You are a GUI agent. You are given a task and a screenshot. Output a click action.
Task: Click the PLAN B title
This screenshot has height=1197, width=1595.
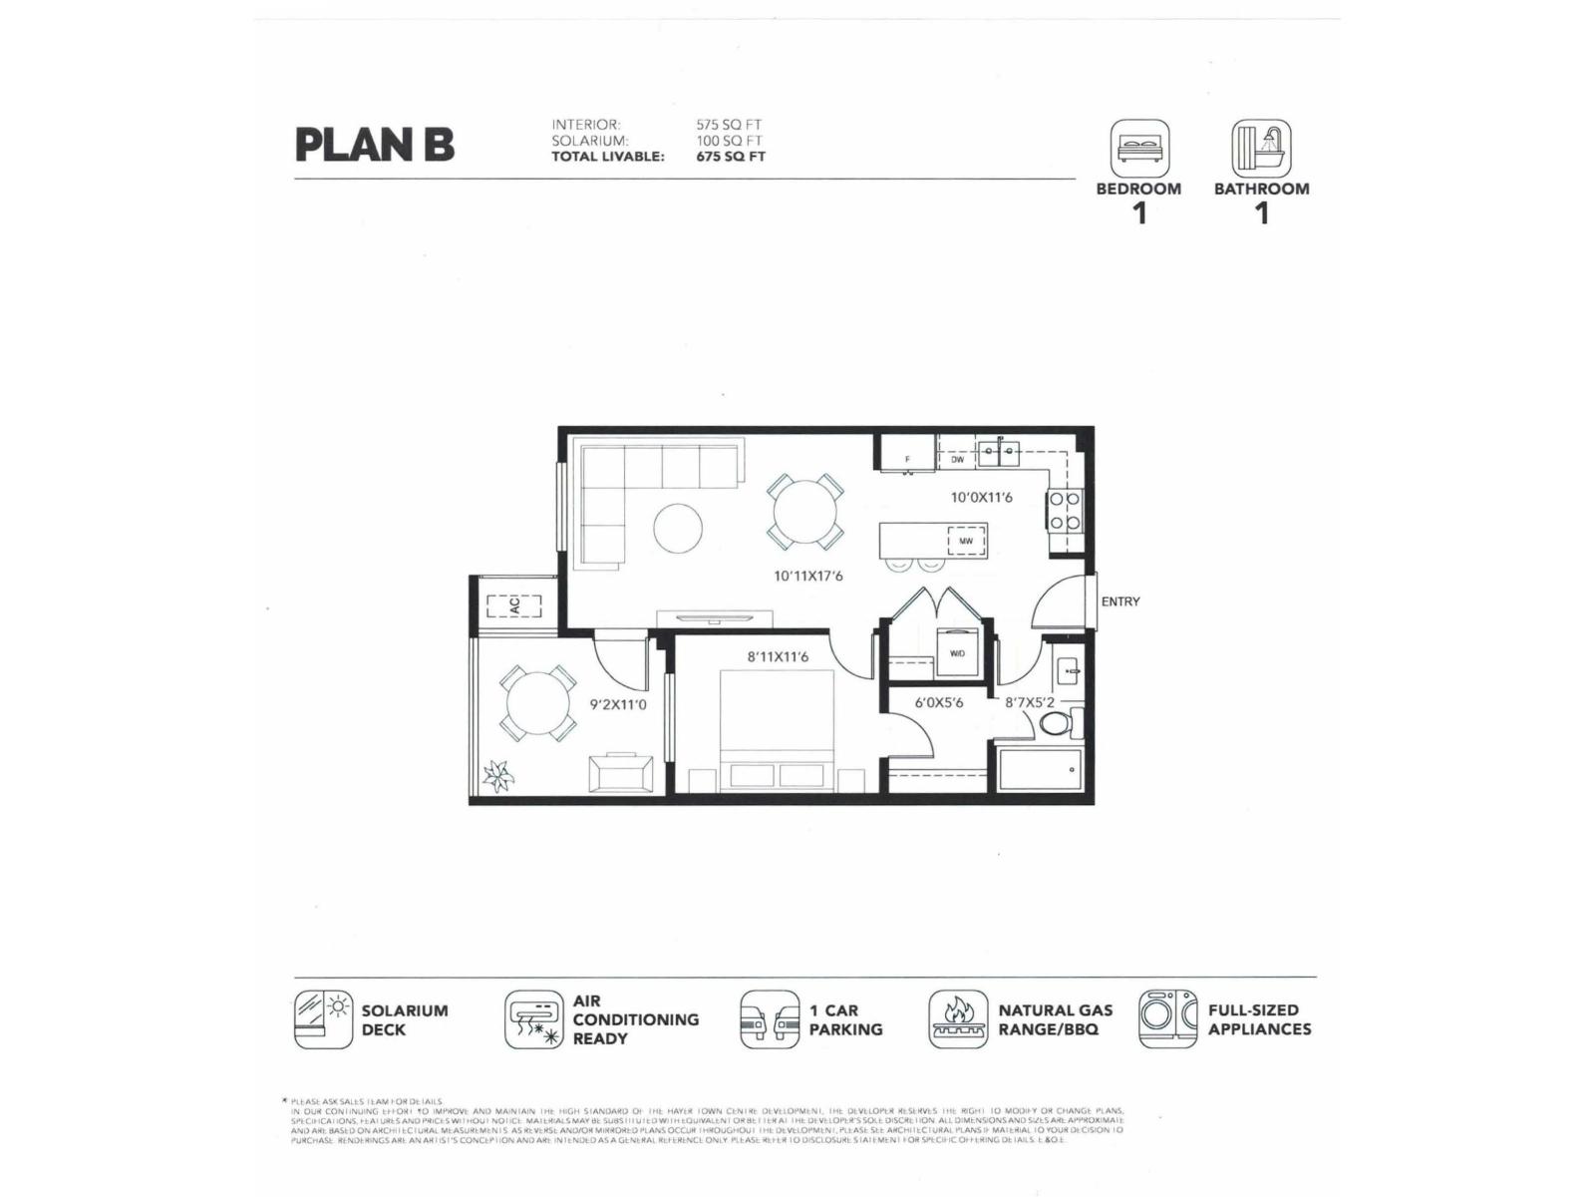pyautogui.click(x=374, y=145)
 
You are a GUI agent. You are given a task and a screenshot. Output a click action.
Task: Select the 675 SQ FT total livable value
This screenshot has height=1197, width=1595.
pyautogui.click(x=730, y=157)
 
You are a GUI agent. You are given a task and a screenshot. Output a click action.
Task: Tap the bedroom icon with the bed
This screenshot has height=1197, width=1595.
pyautogui.click(x=1139, y=150)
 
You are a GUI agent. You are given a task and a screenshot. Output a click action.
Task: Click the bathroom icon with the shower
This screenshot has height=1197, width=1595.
pyautogui.click(x=1261, y=150)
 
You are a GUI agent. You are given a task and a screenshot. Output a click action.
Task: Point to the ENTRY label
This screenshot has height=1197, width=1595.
pyautogui.click(x=1119, y=601)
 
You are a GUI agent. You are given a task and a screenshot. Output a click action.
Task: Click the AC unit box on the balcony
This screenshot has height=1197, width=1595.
pyautogui.click(x=513, y=604)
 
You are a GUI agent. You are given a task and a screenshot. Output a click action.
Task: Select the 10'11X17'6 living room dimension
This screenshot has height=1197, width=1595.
pyautogui.click(x=808, y=576)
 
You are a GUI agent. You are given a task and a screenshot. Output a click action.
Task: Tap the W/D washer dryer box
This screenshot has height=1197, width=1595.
pyautogui.click(x=956, y=653)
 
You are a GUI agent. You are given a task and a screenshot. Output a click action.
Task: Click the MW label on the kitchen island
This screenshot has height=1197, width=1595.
pyautogui.click(x=965, y=541)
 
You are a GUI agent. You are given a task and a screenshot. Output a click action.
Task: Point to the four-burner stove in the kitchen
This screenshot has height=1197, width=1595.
pyautogui.click(x=1064, y=510)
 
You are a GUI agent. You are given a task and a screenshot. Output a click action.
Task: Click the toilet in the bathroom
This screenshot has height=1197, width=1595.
pyautogui.click(x=1057, y=722)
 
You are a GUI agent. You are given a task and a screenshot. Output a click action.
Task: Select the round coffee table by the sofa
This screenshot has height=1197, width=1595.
pyautogui.click(x=678, y=528)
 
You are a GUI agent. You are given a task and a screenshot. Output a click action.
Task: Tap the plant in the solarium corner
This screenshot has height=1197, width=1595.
pyautogui.click(x=496, y=774)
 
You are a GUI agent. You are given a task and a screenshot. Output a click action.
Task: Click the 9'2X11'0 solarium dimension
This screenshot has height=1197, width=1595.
pyautogui.click(x=618, y=704)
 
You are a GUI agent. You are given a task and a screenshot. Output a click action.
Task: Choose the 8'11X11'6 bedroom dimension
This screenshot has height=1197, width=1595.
pyautogui.click(x=778, y=656)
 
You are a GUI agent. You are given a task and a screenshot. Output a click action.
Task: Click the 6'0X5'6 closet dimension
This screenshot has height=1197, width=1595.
pyautogui.click(x=938, y=702)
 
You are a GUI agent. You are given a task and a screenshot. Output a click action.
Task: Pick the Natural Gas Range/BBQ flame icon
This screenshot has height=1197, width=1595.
pyautogui.click(x=958, y=1018)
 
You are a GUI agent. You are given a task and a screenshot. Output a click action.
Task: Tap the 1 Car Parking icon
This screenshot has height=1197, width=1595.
pyautogui.click(x=769, y=1018)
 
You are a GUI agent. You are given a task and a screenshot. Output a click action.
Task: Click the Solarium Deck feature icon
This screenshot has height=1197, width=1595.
pyautogui.click(x=323, y=1018)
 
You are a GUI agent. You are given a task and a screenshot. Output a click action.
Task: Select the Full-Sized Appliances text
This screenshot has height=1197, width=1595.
pyautogui.click(x=1259, y=1018)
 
